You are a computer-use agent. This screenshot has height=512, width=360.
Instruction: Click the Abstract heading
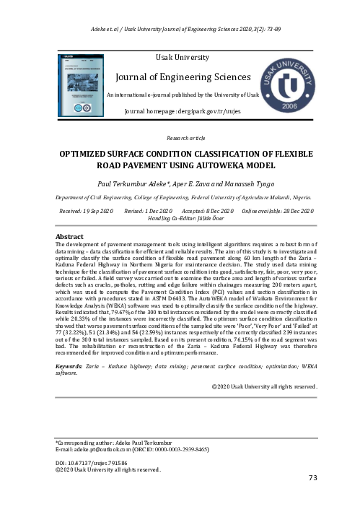[x=71, y=236]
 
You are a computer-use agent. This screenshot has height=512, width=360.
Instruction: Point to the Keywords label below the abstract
[x=69, y=366]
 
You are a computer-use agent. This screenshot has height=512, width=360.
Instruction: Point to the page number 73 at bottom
[x=312, y=477]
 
